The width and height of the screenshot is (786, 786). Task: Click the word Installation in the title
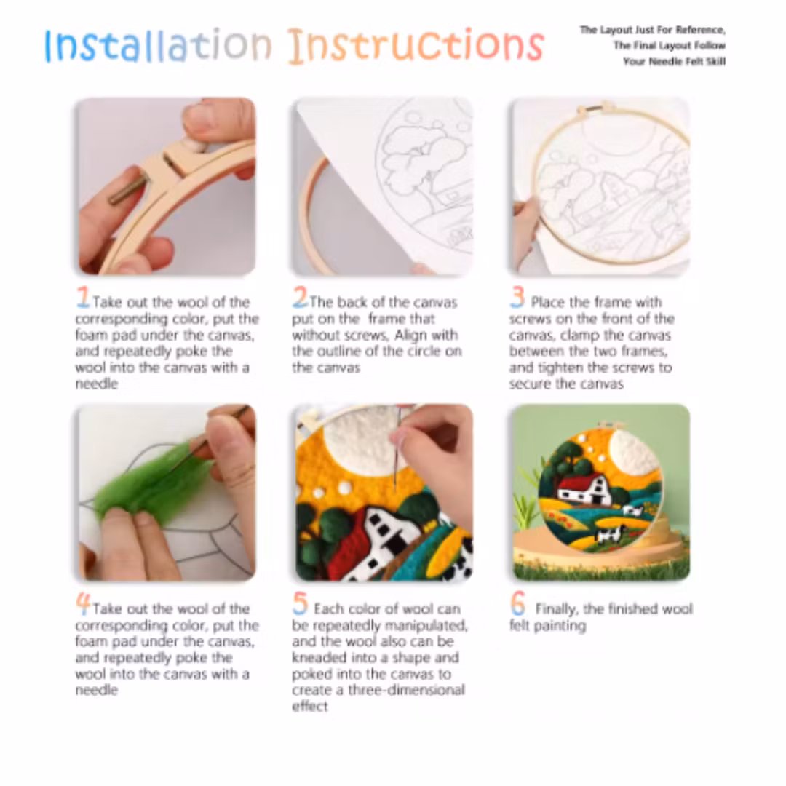pos(158,45)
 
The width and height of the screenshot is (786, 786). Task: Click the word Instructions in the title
pos(416,46)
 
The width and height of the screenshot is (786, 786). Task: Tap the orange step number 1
pos(83,296)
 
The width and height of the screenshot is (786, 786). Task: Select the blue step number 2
pos(300,296)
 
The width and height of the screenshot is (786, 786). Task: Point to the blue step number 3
pos(517,296)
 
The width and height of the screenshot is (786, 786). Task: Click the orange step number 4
pos(83,603)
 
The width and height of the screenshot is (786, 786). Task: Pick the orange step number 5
pos(300,603)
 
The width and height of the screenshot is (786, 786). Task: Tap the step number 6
pos(518,603)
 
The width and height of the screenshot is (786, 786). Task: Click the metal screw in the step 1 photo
pos(129,187)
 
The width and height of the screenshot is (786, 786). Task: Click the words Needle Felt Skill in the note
pos(687,62)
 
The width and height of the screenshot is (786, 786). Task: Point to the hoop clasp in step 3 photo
pos(596,108)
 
